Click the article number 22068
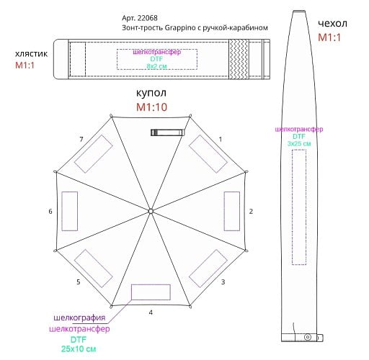[x=148, y=18]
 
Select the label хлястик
[x=31, y=54]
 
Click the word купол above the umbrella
[x=151, y=93]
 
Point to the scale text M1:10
[x=151, y=107]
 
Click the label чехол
[x=332, y=23]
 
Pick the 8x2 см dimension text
[x=156, y=66]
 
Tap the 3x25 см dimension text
[x=299, y=143]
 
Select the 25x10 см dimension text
[x=79, y=348]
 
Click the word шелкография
[x=79, y=318]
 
